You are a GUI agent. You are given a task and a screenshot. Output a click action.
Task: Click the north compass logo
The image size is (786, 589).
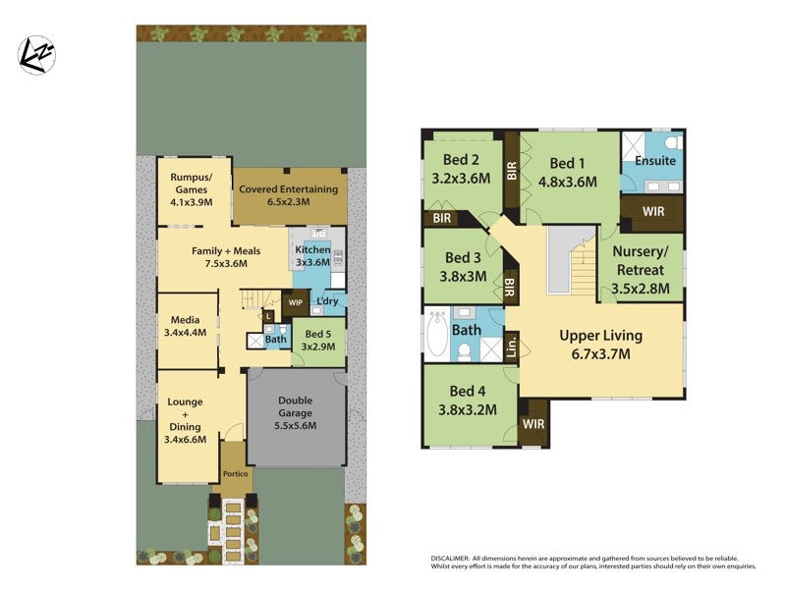[x=37, y=54]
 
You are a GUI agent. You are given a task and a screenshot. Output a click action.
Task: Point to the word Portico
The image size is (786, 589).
[x=235, y=474]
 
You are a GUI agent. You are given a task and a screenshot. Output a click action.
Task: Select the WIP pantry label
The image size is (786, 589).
[x=295, y=302]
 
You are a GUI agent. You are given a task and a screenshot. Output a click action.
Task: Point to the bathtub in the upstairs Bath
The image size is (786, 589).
[x=436, y=334]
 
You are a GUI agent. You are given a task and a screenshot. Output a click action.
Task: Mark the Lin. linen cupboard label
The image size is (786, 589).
[x=510, y=347]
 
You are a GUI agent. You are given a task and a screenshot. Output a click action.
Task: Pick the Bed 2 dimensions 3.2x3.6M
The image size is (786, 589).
[x=462, y=179]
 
